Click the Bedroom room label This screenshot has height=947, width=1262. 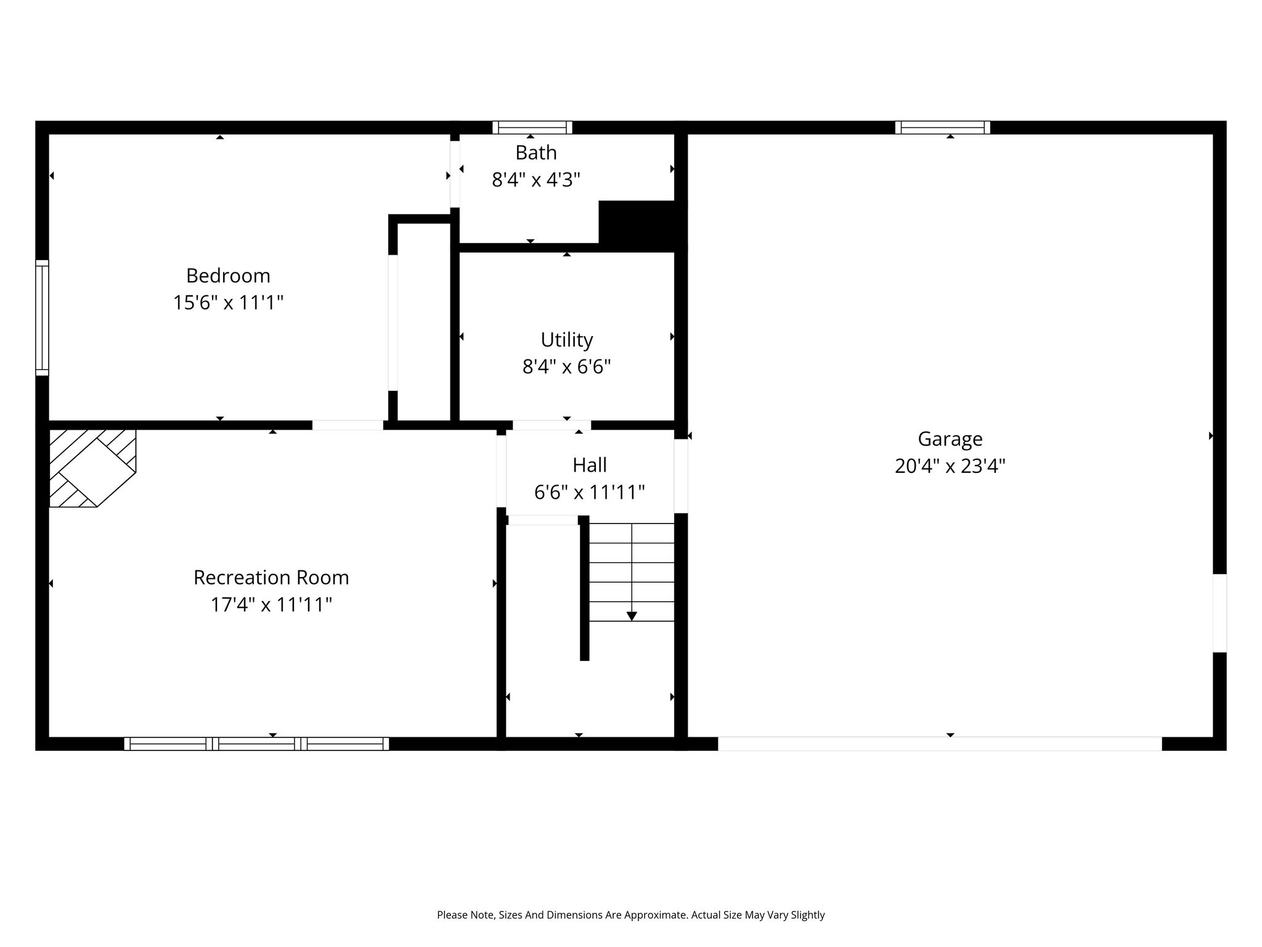(x=228, y=276)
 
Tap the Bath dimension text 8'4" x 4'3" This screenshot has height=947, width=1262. (x=536, y=180)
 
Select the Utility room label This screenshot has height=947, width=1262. (x=567, y=340)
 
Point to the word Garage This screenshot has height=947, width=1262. (x=950, y=440)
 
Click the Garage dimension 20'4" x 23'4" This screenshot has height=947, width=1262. (x=950, y=466)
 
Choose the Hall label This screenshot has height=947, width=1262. (x=590, y=465)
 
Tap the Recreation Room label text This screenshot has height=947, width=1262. (x=271, y=578)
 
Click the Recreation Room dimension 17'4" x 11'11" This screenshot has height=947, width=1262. (x=271, y=605)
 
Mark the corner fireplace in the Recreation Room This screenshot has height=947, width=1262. (x=92, y=469)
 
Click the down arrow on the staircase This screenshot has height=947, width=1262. (x=632, y=616)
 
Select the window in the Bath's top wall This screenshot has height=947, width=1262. (x=532, y=128)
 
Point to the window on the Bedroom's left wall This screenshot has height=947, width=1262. (x=42, y=318)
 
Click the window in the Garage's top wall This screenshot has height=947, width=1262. (x=943, y=128)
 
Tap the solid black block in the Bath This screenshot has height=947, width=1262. (x=643, y=225)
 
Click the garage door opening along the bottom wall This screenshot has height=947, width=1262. (x=940, y=744)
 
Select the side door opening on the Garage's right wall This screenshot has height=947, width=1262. (x=1219, y=613)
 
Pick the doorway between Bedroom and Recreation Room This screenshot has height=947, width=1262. (x=348, y=425)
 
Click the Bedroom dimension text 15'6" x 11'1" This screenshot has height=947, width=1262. (x=228, y=303)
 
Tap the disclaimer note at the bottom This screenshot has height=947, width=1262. (x=631, y=915)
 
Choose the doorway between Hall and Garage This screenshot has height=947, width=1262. (x=681, y=475)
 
